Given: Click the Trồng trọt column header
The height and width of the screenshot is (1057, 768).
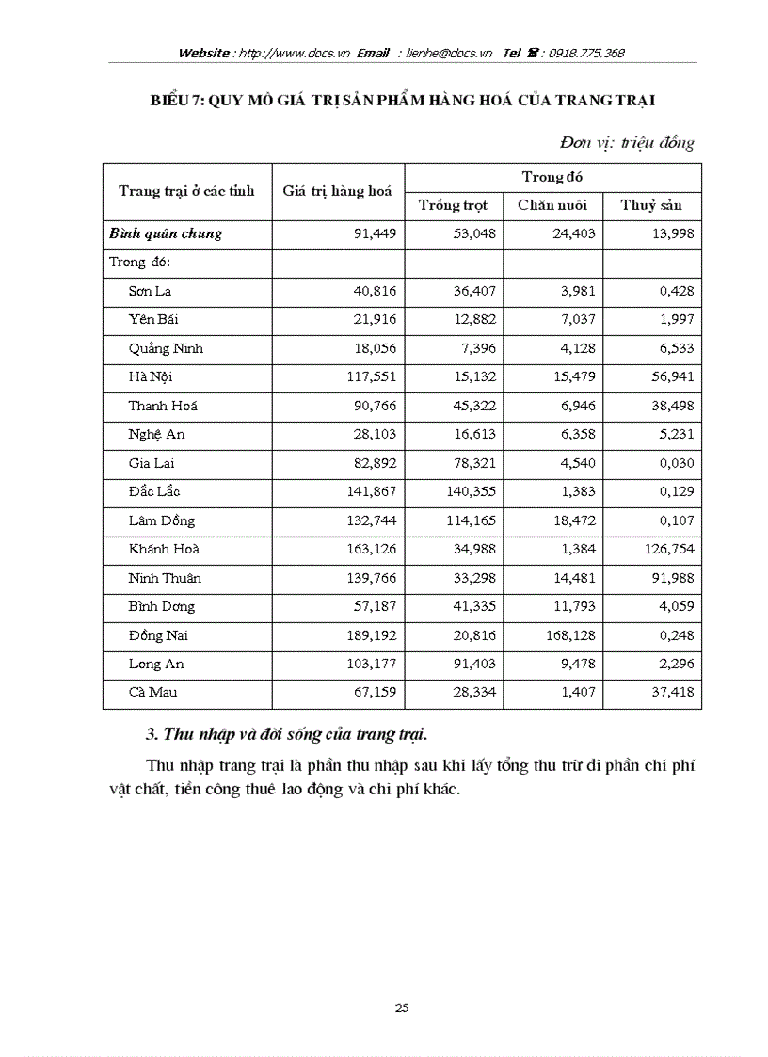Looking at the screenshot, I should tap(453, 205).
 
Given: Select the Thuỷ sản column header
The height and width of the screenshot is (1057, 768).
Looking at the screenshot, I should tap(650, 205).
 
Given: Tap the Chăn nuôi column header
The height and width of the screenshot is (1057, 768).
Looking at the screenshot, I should tap(552, 205).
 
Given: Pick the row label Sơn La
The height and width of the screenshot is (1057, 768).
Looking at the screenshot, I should tap(150, 291).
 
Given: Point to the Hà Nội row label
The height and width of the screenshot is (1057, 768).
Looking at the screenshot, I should tap(151, 377).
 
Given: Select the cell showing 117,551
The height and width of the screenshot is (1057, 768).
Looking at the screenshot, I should tap(368, 377).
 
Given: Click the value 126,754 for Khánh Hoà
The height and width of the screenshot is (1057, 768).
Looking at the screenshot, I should tap(664, 549).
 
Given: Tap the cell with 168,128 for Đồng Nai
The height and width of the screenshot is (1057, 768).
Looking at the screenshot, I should tap(565, 635).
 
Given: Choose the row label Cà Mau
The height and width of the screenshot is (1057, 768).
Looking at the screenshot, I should tap(152, 693).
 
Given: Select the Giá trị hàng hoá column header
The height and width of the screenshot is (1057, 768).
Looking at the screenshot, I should tap(337, 191).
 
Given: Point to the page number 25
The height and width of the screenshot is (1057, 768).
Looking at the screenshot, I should tap(402, 1008).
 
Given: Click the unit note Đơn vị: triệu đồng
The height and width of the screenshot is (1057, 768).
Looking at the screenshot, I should tap(626, 143).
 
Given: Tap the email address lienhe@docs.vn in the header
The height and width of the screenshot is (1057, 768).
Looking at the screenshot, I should tap(449, 54).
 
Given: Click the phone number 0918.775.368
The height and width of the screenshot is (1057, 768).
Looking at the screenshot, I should tap(588, 54).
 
